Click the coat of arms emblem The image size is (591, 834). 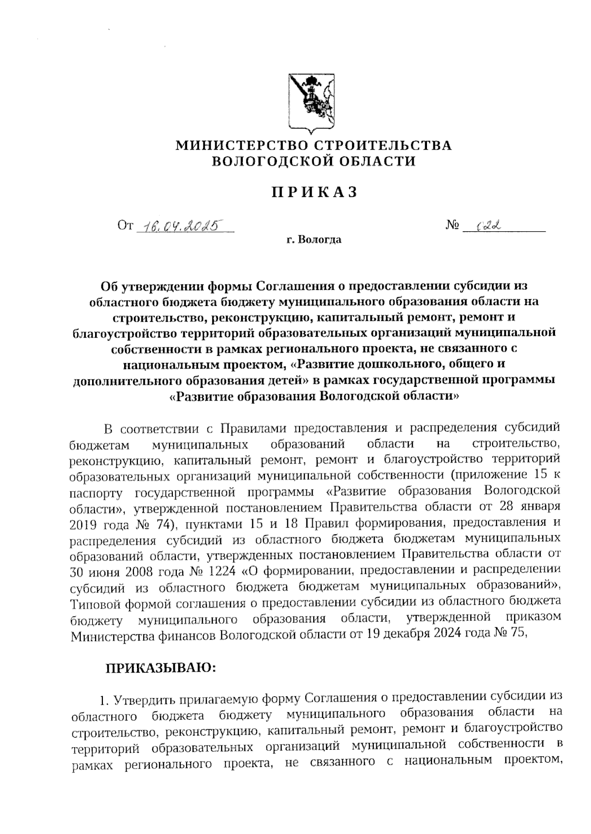[311, 103]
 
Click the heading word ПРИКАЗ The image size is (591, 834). [314, 193]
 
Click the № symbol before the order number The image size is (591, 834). [453, 226]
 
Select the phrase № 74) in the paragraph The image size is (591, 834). [155, 524]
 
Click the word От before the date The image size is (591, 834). [125, 226]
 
